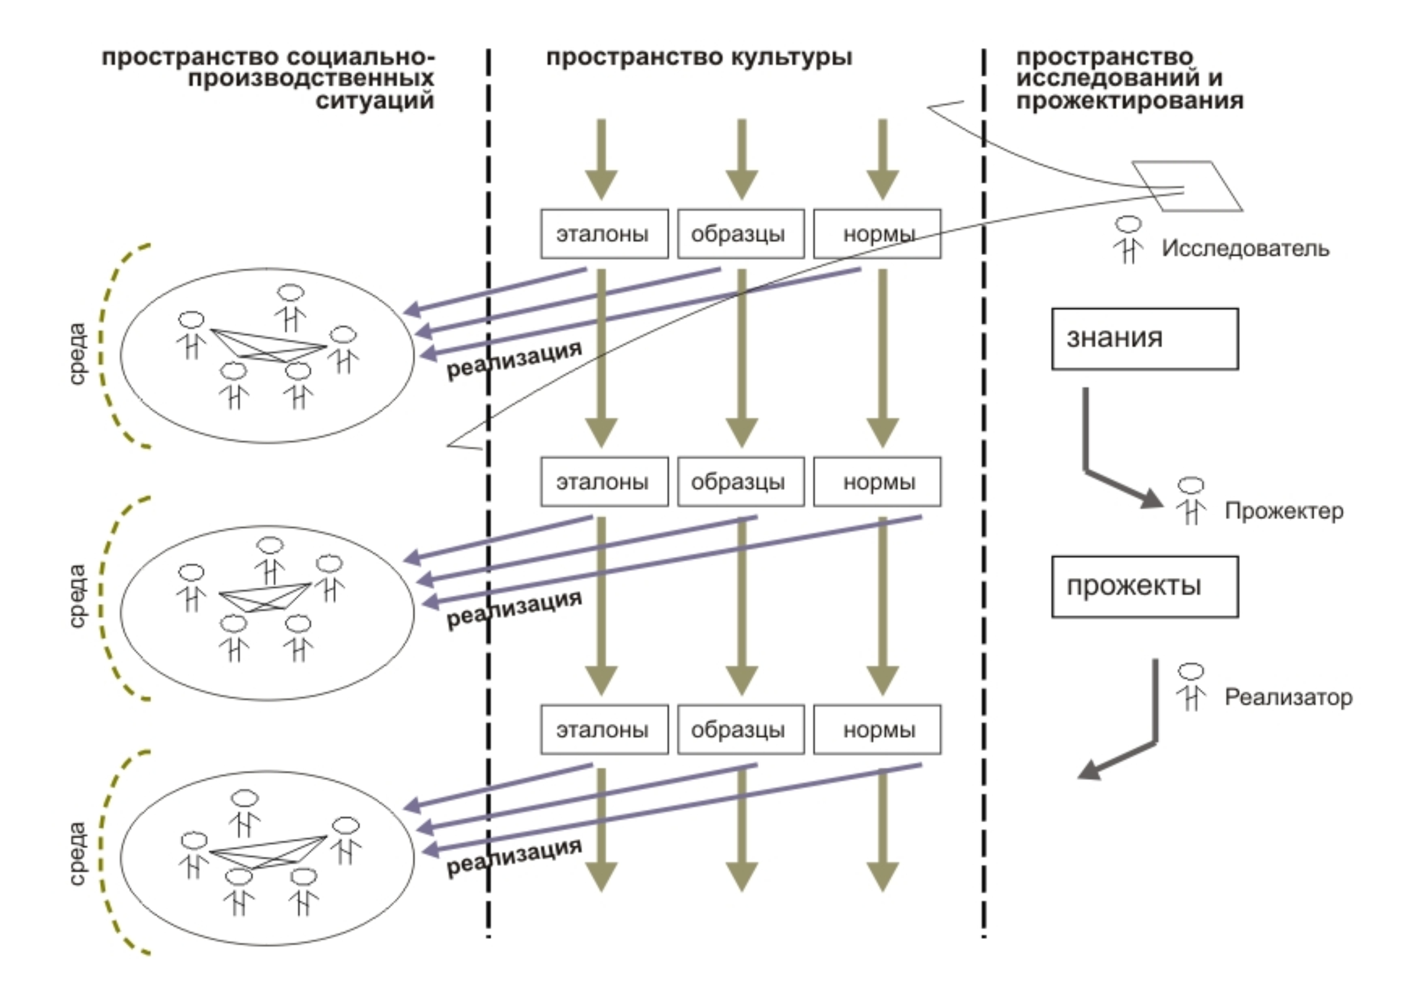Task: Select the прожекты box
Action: (x=1144, y=586)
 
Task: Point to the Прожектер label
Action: (x=1284, y=511)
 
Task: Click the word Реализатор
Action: (x=1288, y=697)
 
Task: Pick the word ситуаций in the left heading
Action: (x=374, y=100)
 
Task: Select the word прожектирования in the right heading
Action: (x=1129, y=100)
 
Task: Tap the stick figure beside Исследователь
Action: (x=1128, y=240)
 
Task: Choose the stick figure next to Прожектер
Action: (x=1191, y=501)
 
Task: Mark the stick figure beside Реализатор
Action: (x=1191, y=687)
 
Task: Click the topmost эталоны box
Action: (x=604, y=234)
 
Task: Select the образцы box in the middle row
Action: (x=740, y=482)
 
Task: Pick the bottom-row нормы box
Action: (x=877, y=730)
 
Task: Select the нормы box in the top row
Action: (x=877, y=234)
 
